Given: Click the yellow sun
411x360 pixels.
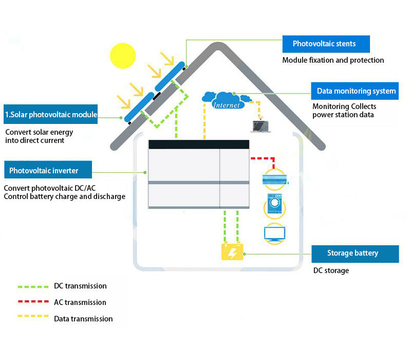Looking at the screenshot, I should tap(122, 55).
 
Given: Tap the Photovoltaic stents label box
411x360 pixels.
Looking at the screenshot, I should tap(326, 44).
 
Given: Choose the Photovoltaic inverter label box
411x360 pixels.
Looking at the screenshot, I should tap(48, 170).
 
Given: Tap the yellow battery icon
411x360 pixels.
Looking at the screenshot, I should tap(232, 252).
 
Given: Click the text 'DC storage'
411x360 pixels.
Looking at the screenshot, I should tap(331, 271).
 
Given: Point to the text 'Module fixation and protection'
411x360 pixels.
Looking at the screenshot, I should tap(333, 60).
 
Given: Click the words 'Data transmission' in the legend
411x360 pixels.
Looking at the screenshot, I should tap(83, 319).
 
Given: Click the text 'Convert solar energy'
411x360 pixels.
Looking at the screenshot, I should tap(39, 132).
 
